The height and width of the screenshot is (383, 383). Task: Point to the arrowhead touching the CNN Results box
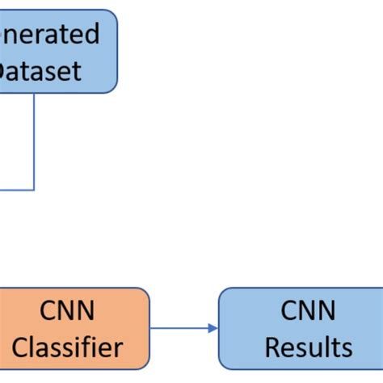point(213,327)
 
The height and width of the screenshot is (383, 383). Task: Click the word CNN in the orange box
point(67,310)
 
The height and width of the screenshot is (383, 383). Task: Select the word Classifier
point(67,347)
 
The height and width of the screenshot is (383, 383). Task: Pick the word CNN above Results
point(309,310)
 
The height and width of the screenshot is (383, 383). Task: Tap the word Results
point(309,347)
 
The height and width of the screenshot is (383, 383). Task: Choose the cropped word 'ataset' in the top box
point(40,71)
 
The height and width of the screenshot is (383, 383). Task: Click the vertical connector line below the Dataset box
point(34,141)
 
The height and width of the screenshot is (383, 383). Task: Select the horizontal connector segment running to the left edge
point(16,190)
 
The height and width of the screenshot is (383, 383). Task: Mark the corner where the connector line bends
point(34,190)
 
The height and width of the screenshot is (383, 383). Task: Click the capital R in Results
point(273,347)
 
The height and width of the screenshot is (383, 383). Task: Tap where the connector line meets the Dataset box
point(34,94)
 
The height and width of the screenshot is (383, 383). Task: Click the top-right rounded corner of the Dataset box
point(112,15)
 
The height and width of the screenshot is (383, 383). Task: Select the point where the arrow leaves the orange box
point(150,327)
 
